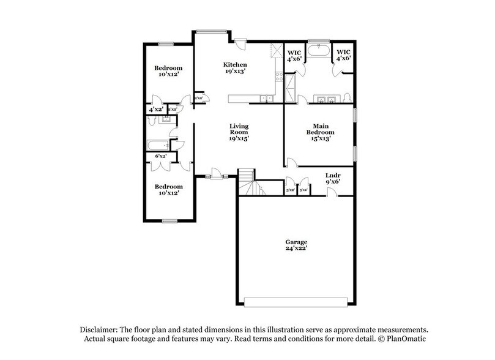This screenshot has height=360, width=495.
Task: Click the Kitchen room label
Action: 235,64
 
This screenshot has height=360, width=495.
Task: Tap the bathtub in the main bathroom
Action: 318,51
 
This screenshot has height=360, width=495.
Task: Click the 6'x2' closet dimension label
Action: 161,157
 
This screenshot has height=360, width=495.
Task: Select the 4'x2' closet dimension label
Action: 155,109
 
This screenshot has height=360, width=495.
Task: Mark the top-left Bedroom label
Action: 168,67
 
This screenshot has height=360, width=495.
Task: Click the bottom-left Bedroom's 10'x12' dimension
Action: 168,193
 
